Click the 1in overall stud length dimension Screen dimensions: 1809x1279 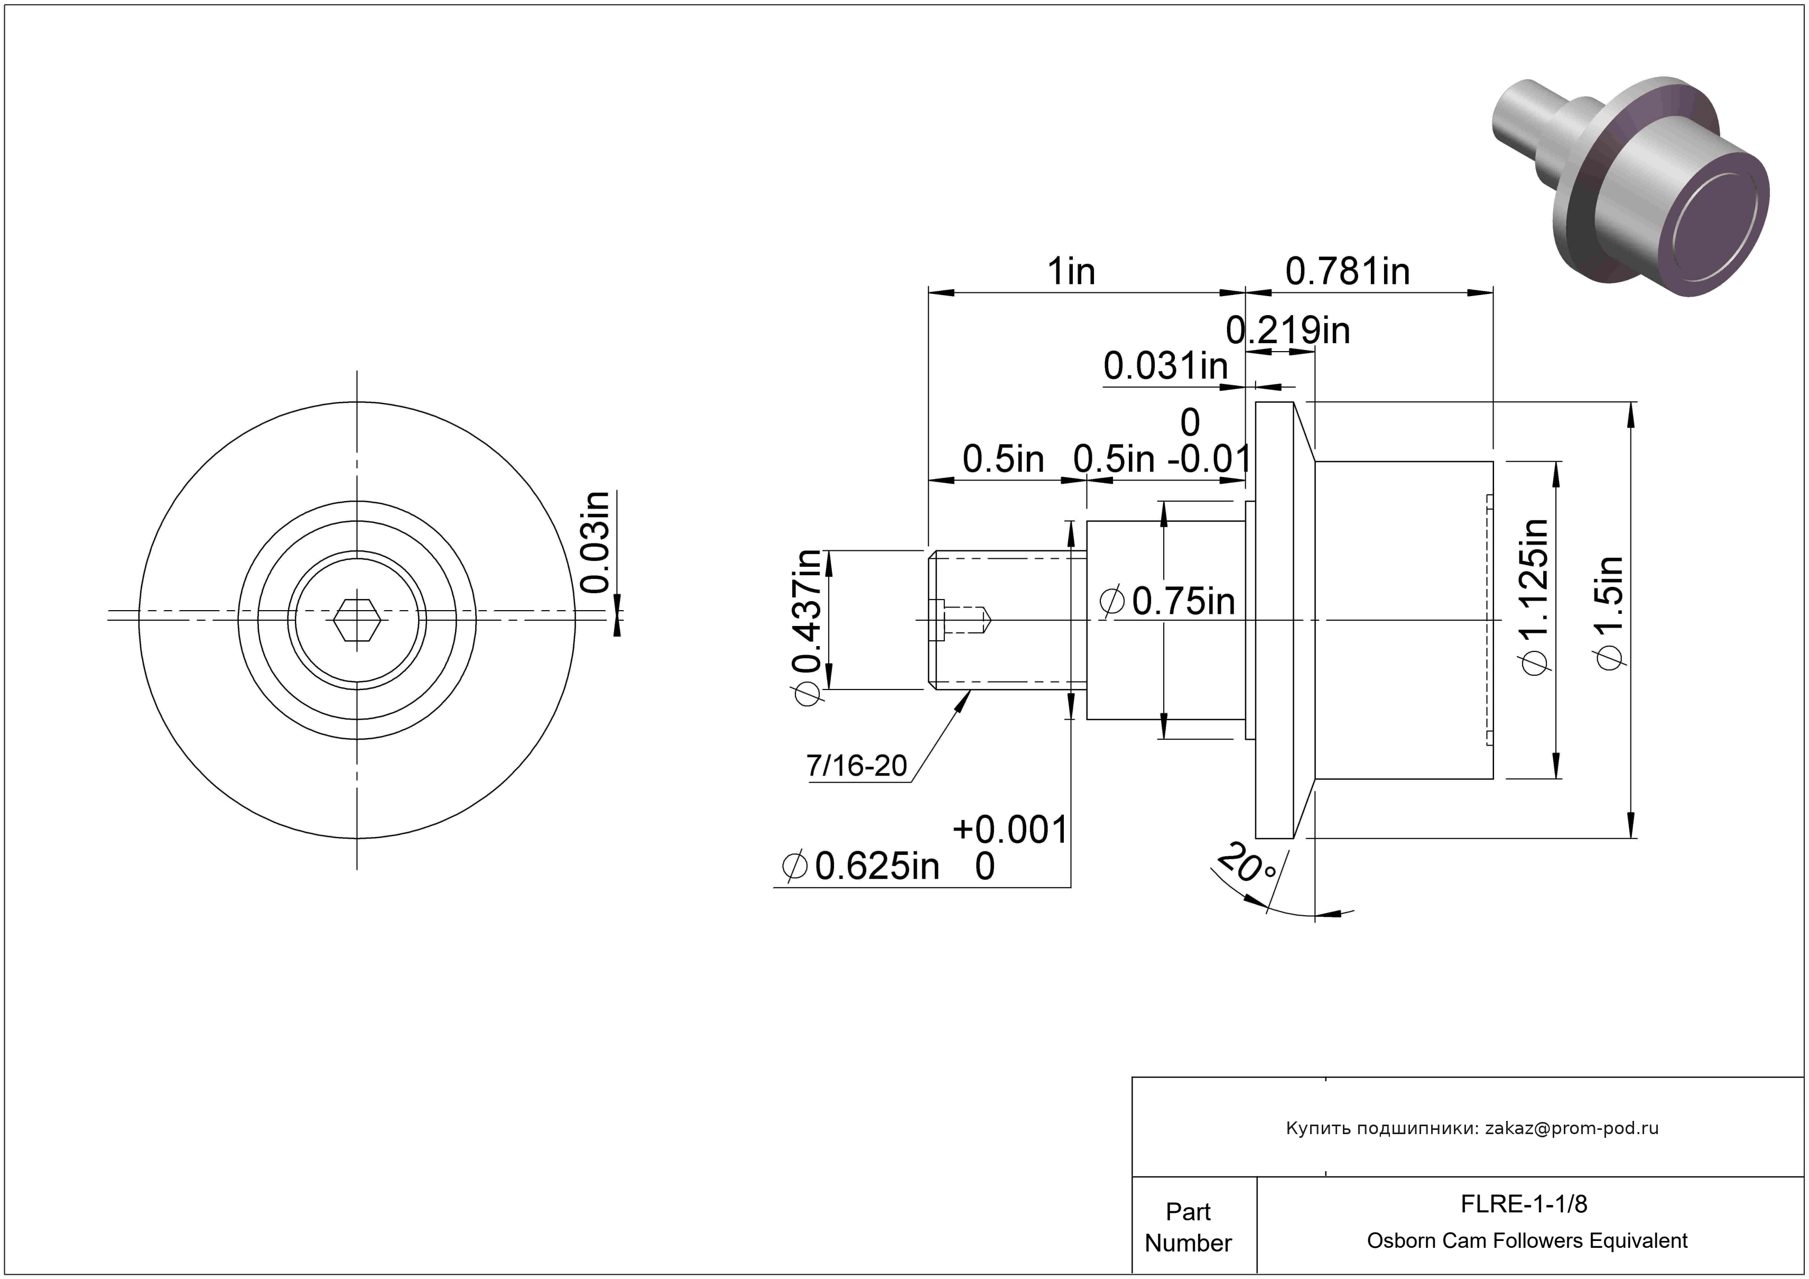[x=1071, y=272]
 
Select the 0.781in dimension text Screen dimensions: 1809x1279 [x=1347, y=272]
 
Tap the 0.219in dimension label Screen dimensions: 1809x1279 [x=1288, y=330]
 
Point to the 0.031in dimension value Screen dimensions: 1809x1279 [x=1166, y=366]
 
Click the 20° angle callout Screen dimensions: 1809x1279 [x=1247, y=864]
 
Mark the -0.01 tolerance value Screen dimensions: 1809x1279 [x=1209, y=458]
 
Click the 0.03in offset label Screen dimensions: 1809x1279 [x=596, y=542]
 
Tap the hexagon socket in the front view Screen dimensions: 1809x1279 [x=357, y=619]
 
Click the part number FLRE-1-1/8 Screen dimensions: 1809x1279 [x=1524, y=1204]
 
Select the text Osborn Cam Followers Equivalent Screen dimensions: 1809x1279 [x=1527, y=1241]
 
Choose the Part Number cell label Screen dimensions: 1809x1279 [x=1188, y=1227]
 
